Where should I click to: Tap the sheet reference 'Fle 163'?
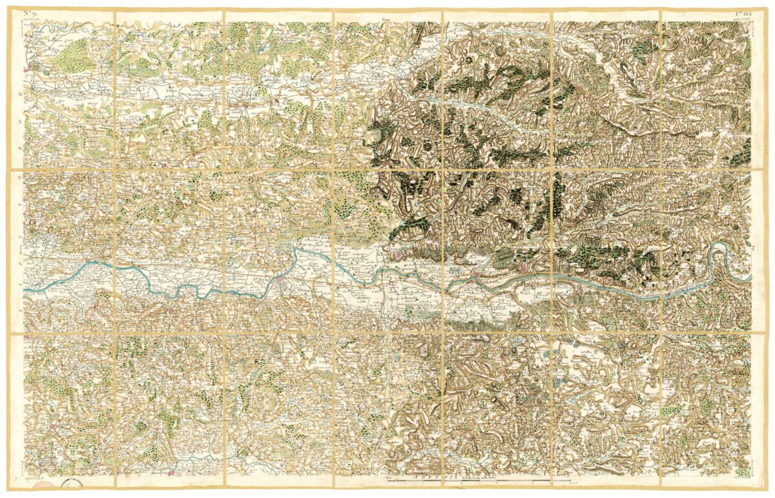click(743, 14)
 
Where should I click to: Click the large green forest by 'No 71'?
click(76, 50)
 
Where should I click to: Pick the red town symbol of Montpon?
click(243, 103)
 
